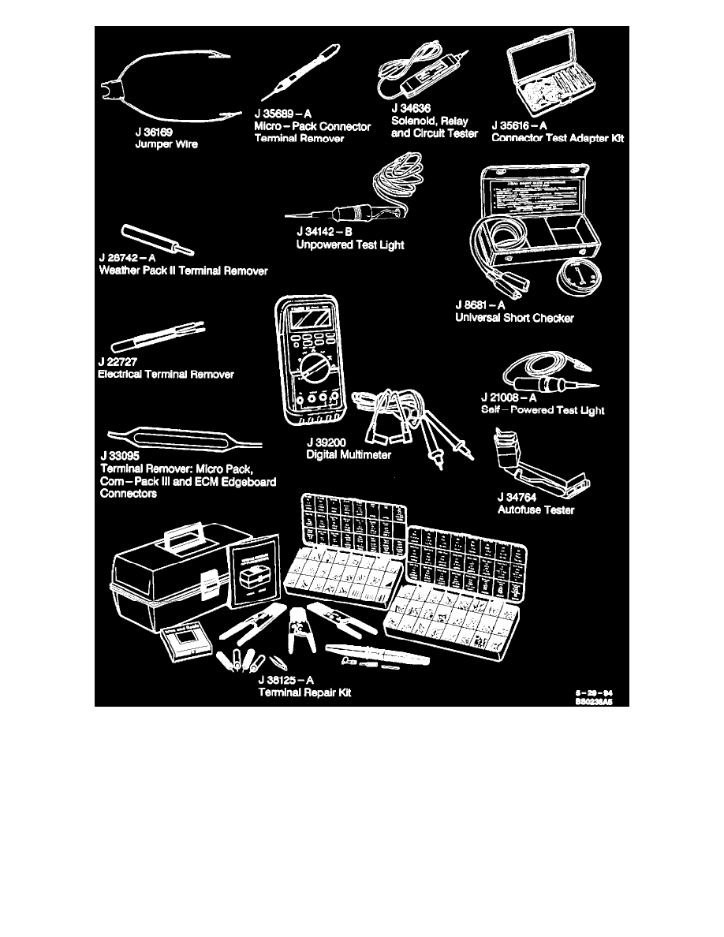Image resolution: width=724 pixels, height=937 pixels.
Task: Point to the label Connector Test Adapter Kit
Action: [x=558, y=137]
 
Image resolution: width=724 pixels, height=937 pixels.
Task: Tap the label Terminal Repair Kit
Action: [x=304, y=692]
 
